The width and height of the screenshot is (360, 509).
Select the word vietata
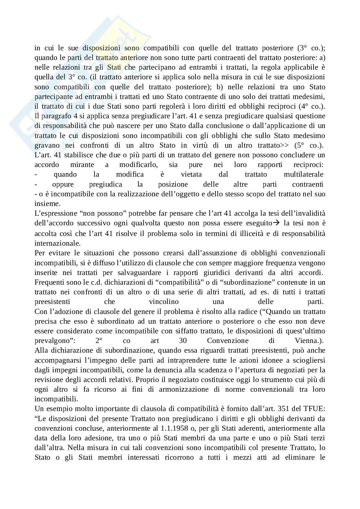point(191,174)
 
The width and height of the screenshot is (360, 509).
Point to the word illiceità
point(251,233)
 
